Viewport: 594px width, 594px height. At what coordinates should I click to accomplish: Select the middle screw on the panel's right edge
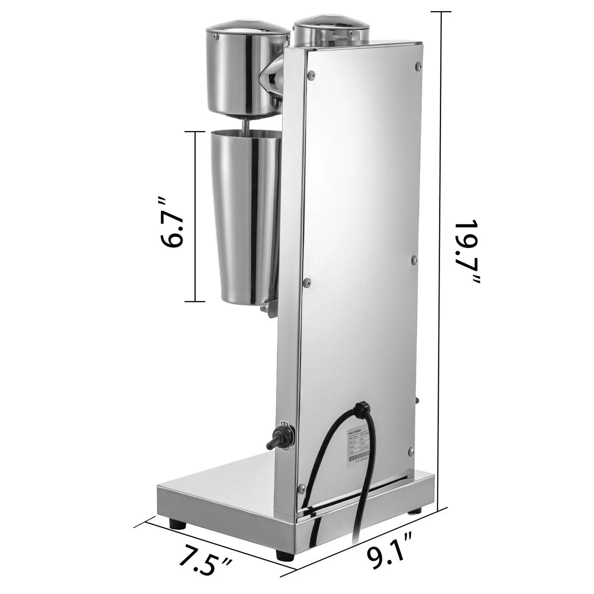click(x=414, y=260)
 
